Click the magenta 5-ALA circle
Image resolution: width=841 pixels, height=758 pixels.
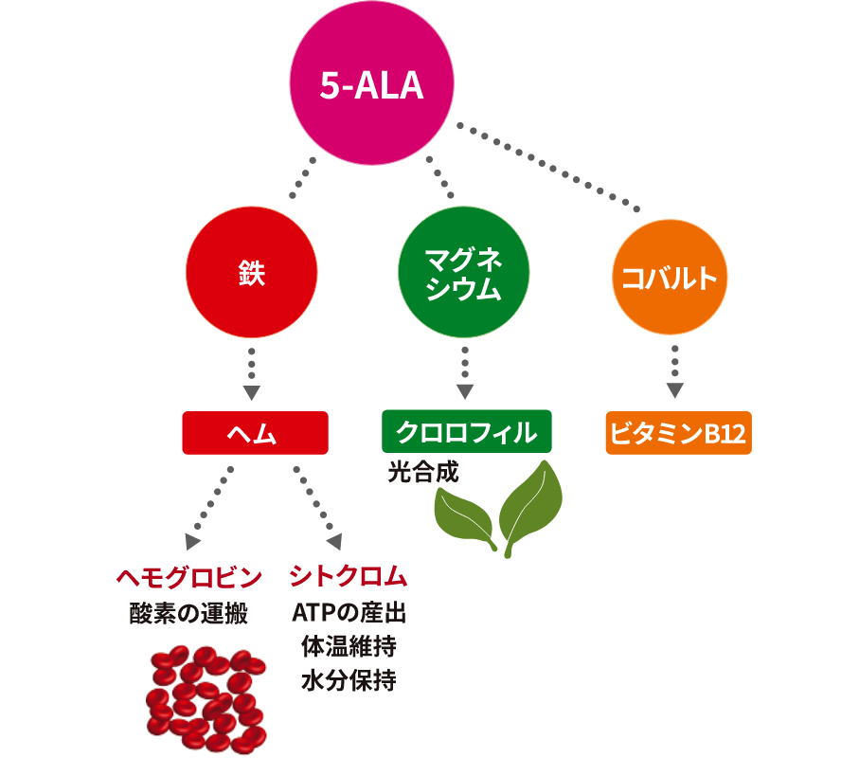370,87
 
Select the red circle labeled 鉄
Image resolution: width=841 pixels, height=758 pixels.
252,276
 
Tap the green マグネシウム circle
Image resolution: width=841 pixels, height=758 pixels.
463,272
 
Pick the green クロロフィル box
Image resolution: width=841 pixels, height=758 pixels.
466,433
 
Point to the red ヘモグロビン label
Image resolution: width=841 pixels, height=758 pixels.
188,577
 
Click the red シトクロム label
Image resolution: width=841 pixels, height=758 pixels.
349,577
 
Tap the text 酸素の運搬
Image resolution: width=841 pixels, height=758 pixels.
188,613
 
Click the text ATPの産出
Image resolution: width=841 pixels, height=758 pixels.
349,613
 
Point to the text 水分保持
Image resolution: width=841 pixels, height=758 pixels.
349,679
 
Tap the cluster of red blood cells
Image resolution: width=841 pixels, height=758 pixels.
206,701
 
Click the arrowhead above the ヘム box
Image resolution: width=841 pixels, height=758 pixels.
251,393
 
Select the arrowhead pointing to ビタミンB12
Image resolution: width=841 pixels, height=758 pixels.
674,391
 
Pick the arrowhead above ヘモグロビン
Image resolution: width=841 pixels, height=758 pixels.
192,541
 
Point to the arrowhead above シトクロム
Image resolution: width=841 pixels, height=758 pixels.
334,541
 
